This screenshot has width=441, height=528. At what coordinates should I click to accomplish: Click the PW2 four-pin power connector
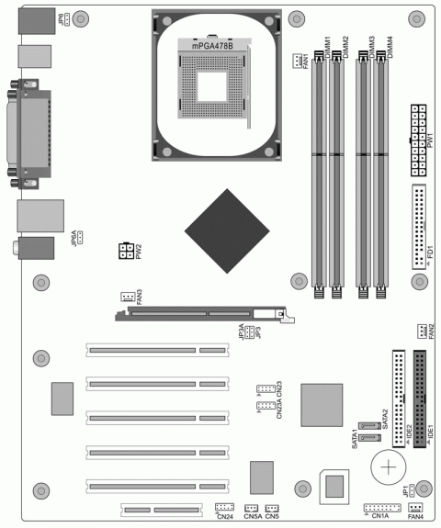[124, 251]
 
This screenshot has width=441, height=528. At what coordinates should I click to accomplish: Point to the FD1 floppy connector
[420, 226]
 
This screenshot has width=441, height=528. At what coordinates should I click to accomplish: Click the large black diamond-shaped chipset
[224, 232]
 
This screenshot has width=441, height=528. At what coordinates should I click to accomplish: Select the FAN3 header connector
[127, 296]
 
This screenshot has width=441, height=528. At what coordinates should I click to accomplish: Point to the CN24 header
[224, 507]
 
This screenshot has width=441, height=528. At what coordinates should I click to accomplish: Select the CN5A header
[252, 508]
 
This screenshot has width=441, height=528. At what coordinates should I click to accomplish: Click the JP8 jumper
[69, 17]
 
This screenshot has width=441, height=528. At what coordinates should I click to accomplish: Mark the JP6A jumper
[81, 238]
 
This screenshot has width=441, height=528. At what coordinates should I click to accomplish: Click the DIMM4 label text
[390, 47]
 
